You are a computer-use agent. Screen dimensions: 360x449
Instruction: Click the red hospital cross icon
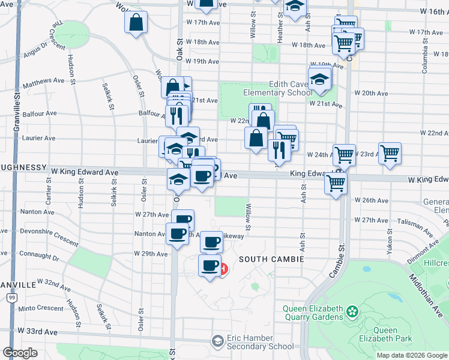pos(223,269)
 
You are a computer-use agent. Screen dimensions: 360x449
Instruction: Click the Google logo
pos(20,353)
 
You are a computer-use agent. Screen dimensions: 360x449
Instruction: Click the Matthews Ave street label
pos(43,80)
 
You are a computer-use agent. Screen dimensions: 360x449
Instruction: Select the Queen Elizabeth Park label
pos(393,334)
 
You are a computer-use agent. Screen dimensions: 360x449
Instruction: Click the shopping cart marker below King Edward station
pos(336,183)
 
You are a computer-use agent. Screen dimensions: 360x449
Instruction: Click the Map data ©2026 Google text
pos(411,355)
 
